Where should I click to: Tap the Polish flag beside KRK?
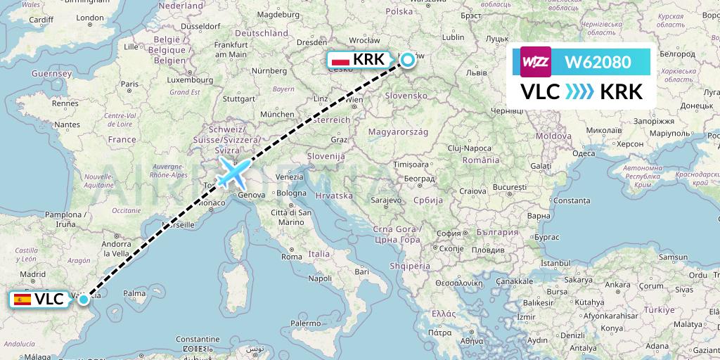pos(340,60)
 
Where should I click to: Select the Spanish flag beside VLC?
pos(23,300)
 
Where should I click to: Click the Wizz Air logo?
pos(536,62)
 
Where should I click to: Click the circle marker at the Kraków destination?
pos(408,60)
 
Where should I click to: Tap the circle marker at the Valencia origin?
pos(84,300)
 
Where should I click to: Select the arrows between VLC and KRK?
pos(579,92)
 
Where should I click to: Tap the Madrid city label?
pos(32,274)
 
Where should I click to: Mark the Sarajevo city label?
pos(385,200)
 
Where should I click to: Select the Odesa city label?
pos(584,153)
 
